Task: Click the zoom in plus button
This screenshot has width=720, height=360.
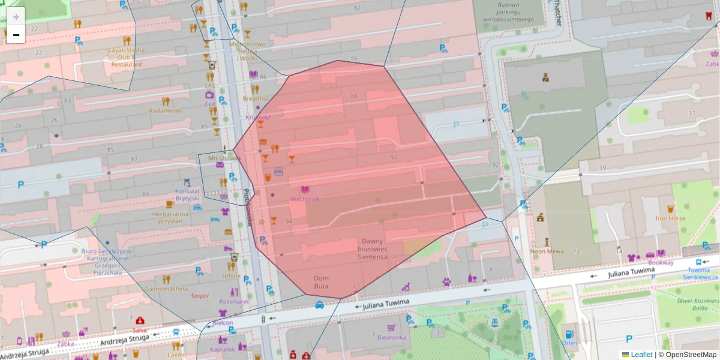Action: coord(16,17)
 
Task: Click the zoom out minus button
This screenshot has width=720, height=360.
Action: coord(16,35)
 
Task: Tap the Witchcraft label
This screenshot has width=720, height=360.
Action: coord(305,199)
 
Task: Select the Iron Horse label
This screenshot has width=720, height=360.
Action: coord(670,218)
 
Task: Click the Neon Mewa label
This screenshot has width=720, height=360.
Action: coord(547,251)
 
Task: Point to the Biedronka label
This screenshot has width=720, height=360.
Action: coord(392,337)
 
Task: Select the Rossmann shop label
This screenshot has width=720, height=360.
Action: coord(234,301)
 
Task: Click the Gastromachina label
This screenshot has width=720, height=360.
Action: coord(166,289)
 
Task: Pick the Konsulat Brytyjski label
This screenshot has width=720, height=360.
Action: coord(187,195)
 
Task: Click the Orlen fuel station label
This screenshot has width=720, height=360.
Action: coord(569,343)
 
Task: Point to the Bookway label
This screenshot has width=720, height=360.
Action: coord(661,263)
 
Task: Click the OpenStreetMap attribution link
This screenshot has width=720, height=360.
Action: coord(690,355)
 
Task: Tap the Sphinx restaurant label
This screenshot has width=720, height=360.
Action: coord(231,276)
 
